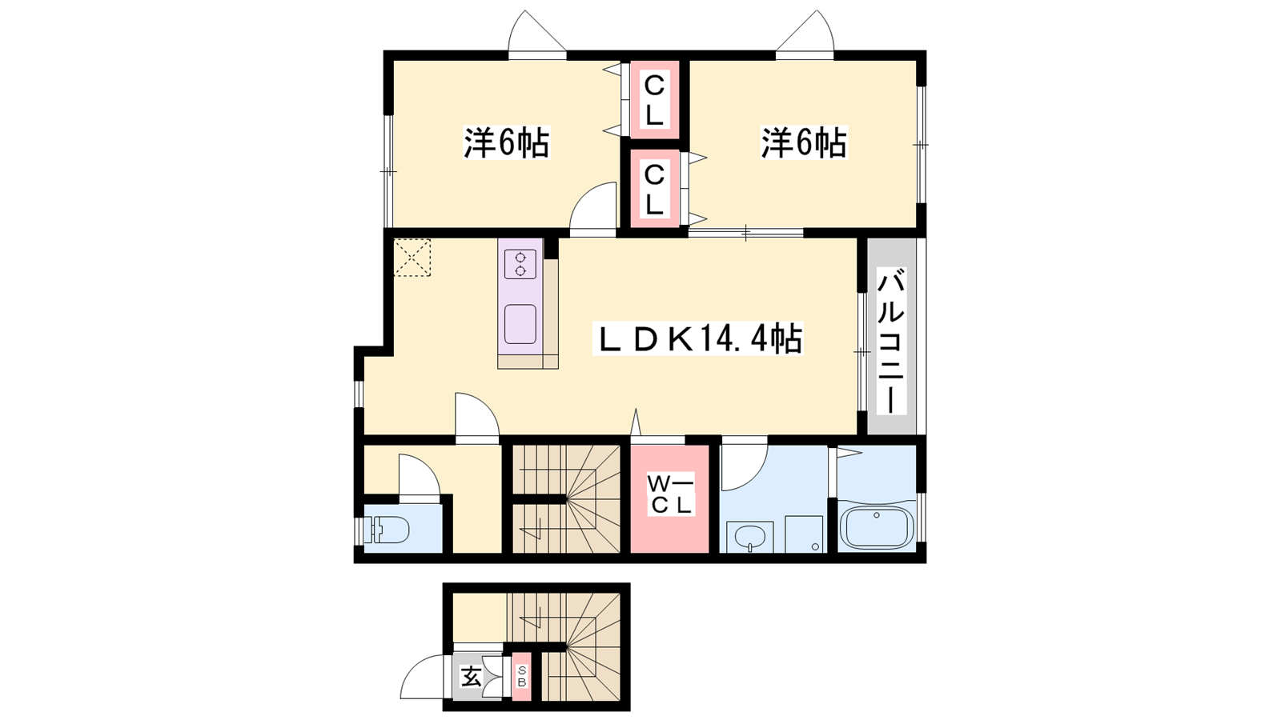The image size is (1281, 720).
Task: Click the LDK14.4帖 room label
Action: click(697, 339)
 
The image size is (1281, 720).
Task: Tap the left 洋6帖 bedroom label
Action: click(506, 142)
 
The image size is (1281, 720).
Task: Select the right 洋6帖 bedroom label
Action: click(804, 142)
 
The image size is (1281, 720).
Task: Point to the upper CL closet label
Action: click(654, 101)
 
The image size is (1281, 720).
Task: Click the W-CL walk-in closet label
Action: click(669, 495)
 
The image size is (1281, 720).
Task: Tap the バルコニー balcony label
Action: click(891, 343)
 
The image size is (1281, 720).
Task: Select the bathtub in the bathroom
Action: click(876, 527)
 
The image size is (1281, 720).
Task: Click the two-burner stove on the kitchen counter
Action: click(520, 264)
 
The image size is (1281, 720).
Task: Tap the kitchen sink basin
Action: click(520, 324)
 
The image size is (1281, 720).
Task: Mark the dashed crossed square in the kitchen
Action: click(412, 258)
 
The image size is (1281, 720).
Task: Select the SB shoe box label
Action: click(521, 677)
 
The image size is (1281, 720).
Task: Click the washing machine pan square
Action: click(804, 534)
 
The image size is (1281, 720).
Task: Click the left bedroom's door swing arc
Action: click(583, 195)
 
